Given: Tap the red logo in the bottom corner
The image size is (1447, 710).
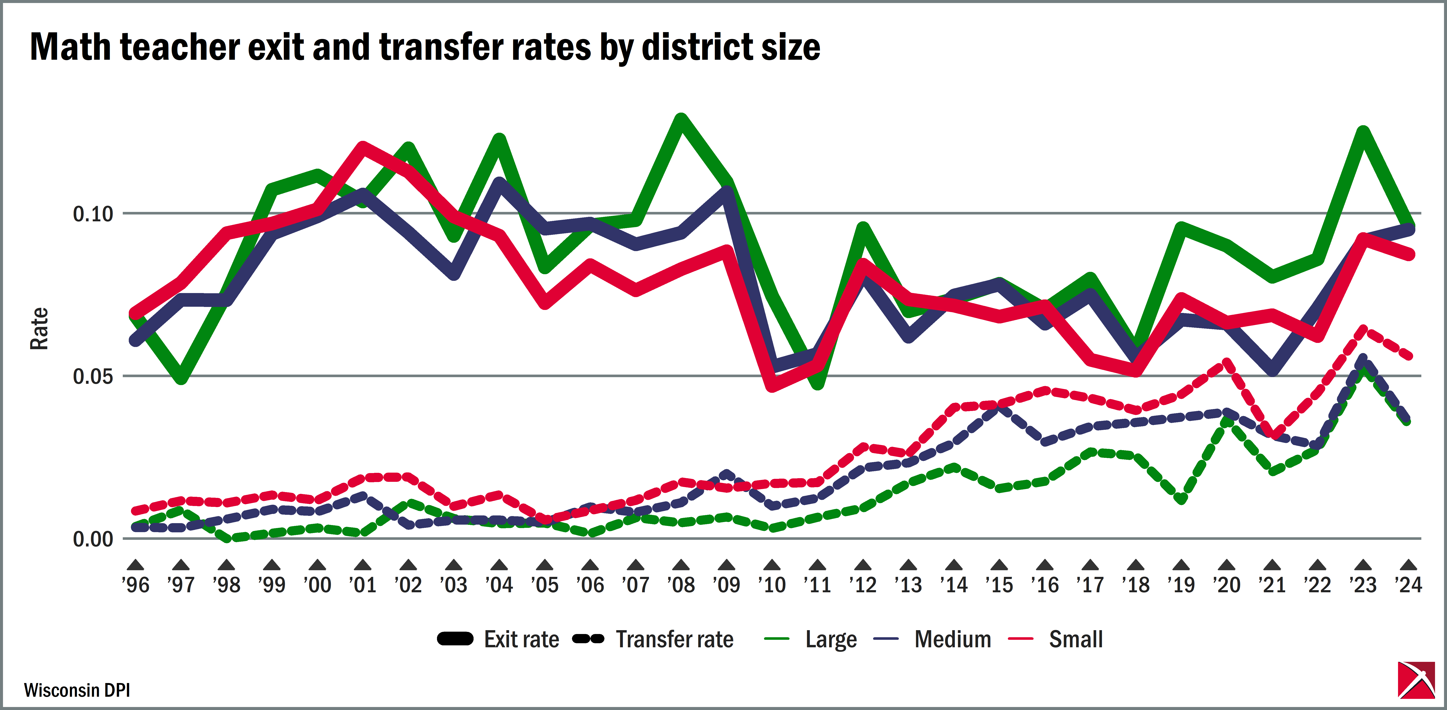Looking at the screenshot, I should tap(1416, 680).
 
